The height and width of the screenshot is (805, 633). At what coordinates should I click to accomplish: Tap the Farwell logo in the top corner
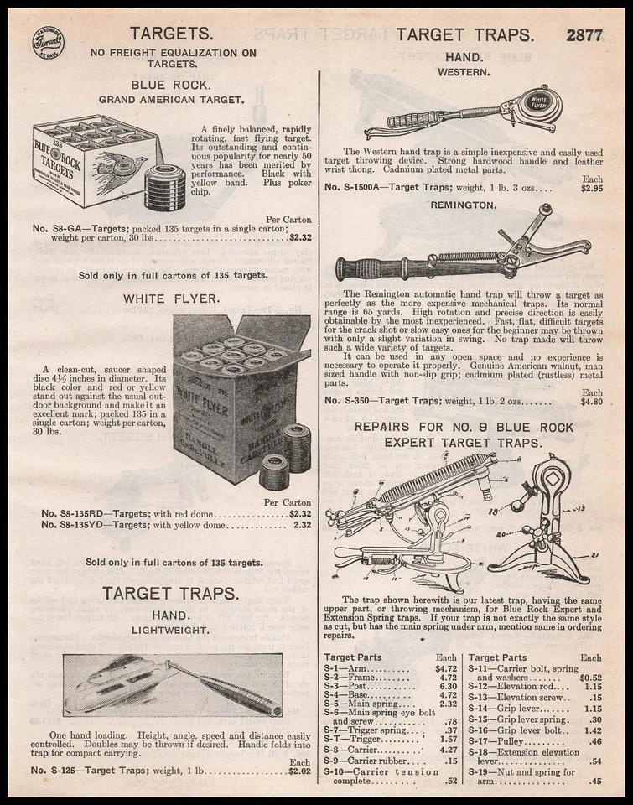pos(48,43)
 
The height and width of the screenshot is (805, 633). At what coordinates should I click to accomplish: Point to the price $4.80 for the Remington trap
pos(585,402)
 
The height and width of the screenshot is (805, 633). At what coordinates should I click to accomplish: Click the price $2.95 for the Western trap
pos(585,188)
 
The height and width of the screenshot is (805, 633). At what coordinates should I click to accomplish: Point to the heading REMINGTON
pos(464,204)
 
